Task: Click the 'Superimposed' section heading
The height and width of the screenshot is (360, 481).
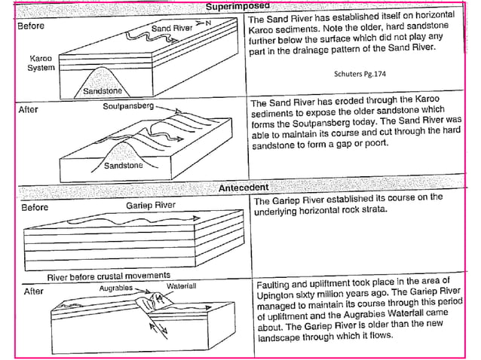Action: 240,7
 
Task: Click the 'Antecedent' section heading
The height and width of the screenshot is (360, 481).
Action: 244,187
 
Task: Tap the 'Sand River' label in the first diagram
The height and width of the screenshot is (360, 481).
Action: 172,28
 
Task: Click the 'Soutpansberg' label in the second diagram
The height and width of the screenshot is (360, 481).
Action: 128,107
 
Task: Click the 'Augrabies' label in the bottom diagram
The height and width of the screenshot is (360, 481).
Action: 116,288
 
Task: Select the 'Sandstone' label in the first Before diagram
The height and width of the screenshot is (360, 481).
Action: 103,92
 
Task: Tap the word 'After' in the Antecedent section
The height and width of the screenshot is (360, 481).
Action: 34,290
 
